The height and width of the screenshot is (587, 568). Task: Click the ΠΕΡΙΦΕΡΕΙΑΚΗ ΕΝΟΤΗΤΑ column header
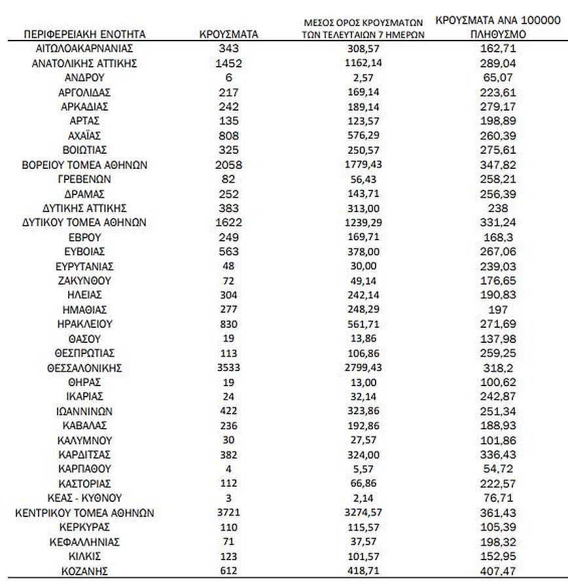tap(84, 34)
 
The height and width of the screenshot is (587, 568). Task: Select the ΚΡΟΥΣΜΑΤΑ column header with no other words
tap(228, 34)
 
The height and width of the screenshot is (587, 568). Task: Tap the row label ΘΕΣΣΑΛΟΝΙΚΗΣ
tap(84, 367)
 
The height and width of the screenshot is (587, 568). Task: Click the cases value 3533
tap(228, 367)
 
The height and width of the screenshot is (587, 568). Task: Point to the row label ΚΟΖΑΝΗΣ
tap(84, 571)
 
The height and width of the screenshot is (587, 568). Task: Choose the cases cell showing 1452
tap(228, 63)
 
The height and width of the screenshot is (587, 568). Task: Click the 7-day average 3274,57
tap(364, 512)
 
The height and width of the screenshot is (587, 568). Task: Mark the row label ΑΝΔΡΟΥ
tap(84, 78)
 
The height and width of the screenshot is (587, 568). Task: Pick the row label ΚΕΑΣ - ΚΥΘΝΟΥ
tap(84, 498)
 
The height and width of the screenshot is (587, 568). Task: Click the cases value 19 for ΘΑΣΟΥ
tap(228, 338)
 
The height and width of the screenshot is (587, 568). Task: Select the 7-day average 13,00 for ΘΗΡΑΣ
tap(364, 382)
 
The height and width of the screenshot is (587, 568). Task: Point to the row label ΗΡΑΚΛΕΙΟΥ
tap(84, 324)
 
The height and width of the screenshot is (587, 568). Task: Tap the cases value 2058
tap(228, 165)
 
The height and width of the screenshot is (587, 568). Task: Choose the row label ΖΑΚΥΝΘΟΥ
tap(84, 280)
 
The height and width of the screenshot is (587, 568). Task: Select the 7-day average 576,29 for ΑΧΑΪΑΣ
tap(364, 136)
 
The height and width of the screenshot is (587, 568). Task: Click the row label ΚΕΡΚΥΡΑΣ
tap(84, 527)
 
